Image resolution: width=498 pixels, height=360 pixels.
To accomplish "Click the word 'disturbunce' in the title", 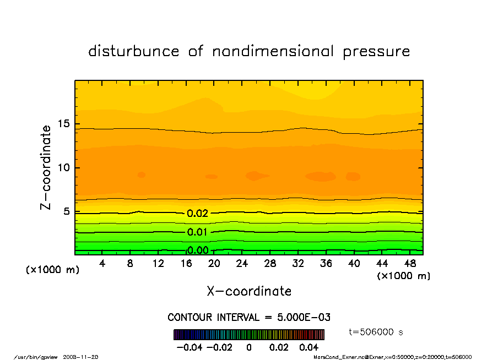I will pyautogui.click(x=134, y=52).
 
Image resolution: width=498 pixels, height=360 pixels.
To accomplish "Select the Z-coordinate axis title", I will pyautogui.click(x=46, y=167).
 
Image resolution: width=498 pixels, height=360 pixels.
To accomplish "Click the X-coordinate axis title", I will pyautogui.click(x=249, y=291).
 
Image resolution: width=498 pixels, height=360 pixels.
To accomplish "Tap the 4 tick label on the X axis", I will pyautogui.click(x=102, y=264).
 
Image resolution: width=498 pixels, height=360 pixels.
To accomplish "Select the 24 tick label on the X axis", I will pyautogui.click(x=242, y=264).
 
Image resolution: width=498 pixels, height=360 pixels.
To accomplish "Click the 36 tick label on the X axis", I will pyautogui.click(x=326, y=264).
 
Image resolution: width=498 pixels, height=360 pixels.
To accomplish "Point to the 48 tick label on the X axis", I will pyautogui.click(x=410, y=264).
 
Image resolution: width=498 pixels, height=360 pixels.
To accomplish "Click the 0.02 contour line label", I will pyautogui.click(x=197, y=214).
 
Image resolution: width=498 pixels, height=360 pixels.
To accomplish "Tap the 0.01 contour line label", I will pyautogui.click(x=197, y=232).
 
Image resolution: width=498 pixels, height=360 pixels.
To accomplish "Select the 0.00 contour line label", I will pyautogui.click(x=197, y=250).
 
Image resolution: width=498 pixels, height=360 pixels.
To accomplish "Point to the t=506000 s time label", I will pyautogui.click(x=377, y=332).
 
